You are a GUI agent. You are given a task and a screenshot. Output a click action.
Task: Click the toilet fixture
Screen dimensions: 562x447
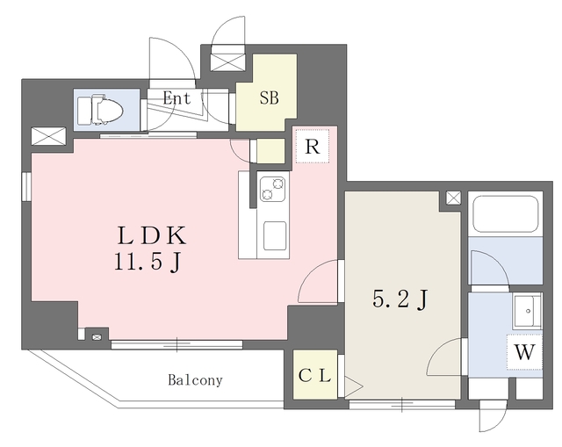(100, 109)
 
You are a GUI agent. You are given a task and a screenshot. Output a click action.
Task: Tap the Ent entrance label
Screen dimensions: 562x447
(177, 98)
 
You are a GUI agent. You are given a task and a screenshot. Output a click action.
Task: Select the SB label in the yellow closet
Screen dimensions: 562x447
(270, 97)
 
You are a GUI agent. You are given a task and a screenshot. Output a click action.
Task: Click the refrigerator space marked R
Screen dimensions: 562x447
(313, 147)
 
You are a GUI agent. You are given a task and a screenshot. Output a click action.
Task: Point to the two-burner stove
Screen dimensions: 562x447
(273, 189)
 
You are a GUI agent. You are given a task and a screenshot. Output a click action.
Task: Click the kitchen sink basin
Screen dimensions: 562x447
(275, 235)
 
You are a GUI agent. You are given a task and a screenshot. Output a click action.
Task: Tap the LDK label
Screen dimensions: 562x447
(152, 236)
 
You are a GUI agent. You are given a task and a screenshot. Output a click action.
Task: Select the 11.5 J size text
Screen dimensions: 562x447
(148, 263)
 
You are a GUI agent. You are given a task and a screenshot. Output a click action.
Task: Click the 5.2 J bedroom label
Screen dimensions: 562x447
(400, 299)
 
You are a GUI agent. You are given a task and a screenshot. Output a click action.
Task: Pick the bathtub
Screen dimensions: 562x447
(506, 214)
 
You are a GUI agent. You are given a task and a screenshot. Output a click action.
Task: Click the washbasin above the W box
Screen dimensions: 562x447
(527, 311)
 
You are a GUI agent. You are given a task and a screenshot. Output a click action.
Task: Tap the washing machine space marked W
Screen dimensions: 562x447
(525, 352)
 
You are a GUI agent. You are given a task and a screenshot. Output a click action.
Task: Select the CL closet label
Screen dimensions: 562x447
(314, 376)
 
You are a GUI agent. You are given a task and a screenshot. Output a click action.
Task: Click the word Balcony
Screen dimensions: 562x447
(195, 380)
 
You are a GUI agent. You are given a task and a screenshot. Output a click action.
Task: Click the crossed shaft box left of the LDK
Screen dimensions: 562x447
(49, 136)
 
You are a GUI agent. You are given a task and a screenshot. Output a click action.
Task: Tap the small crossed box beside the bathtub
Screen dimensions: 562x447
(453, 198)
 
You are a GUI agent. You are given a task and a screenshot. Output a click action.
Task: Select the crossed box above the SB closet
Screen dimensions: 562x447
(228, 62)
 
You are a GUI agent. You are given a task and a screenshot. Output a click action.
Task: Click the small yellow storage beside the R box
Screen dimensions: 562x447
(271, 151)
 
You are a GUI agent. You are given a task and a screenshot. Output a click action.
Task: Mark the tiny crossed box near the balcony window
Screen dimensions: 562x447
(97, 337)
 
